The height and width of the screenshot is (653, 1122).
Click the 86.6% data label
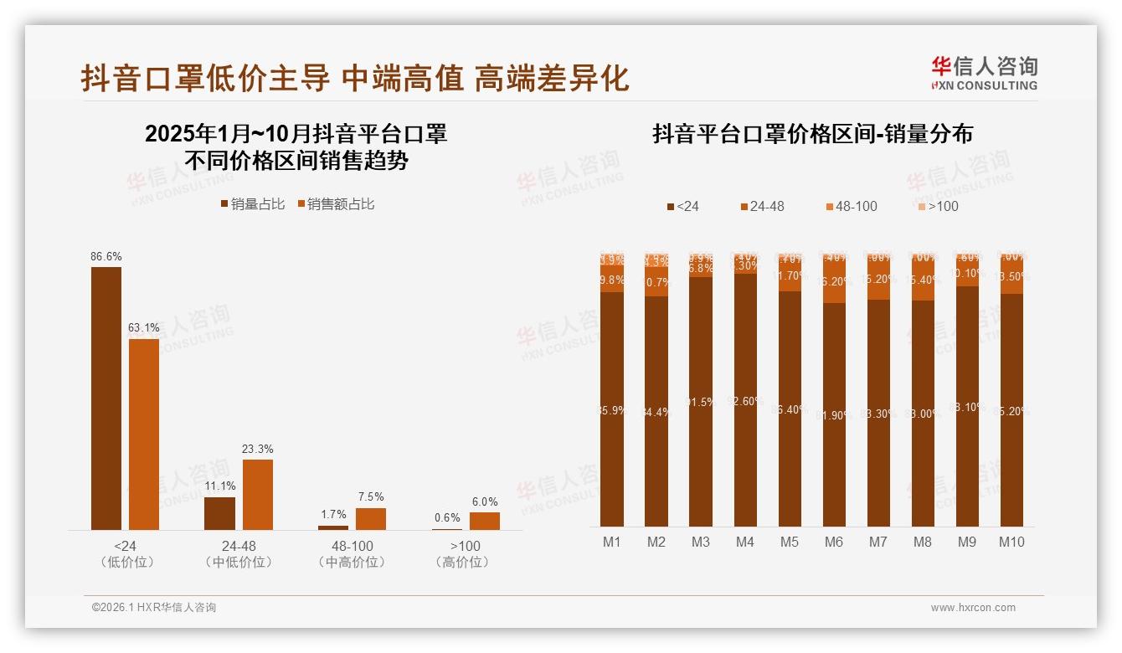106,256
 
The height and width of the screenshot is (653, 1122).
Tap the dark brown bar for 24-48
219,513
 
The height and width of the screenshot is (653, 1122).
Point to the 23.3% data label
257,449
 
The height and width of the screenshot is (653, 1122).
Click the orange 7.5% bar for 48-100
370,519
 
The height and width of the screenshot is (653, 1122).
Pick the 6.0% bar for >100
484,521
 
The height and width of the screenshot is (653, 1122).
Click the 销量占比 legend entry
253,204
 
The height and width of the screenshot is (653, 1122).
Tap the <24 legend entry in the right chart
682,206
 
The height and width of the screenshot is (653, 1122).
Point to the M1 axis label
612,542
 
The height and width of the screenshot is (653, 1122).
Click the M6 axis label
833,542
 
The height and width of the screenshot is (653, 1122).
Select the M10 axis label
1011,542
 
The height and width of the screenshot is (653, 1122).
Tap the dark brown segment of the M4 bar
745,402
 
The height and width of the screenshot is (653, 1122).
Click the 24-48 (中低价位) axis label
239,554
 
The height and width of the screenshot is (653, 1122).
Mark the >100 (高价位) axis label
461,554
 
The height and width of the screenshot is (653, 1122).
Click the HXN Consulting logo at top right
985,73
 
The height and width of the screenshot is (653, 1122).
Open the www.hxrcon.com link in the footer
973,608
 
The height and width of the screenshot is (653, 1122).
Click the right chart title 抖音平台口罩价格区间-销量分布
812,134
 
